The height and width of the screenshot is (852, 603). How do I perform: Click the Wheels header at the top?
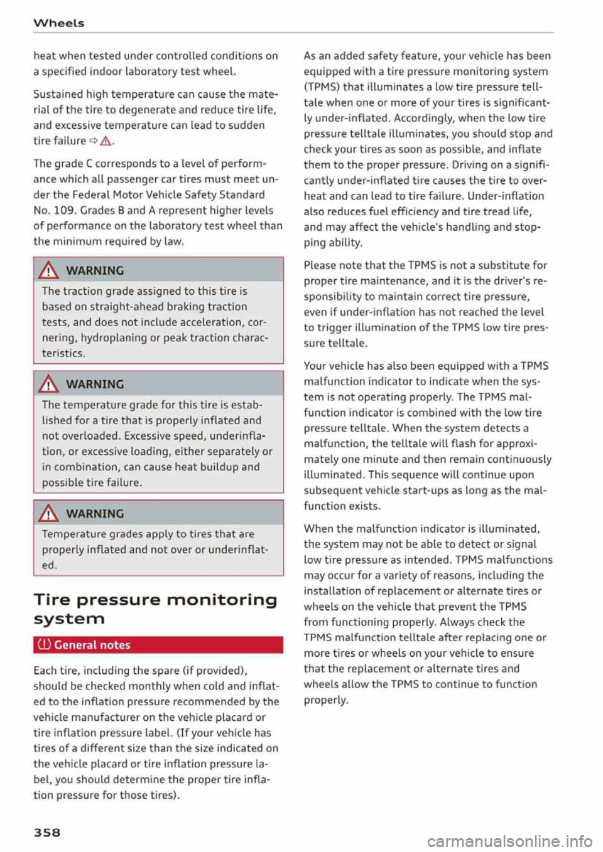click(x=58, y=23)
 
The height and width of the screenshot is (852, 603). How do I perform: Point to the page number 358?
click(x=47, y=832)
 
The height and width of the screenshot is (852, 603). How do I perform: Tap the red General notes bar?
click(x=158, y=645)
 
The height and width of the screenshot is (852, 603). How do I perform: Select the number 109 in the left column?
click(x=63, y=210)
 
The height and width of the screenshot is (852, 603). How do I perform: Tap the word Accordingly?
click(x=423, y=118)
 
